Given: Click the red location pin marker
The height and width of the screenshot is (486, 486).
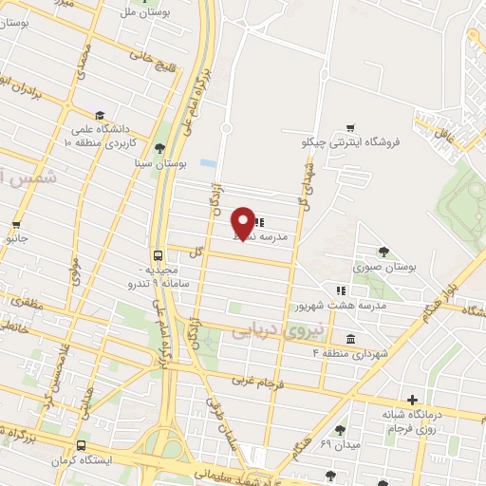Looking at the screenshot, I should click(x=243, y=222).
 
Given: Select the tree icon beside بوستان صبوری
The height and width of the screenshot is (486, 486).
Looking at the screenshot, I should click(x=383, y=252).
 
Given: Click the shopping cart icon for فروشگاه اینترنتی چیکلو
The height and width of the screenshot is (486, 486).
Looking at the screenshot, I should click(x=350, y=127).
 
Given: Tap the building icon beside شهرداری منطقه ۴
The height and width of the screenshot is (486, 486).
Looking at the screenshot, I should click(x=351, y=339).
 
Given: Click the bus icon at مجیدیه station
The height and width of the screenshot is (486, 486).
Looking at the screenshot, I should click(x=159, y=254).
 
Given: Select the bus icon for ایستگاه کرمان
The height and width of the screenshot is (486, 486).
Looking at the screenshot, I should click(x=80, y=444).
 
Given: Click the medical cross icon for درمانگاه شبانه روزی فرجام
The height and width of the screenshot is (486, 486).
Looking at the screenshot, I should click(x=411, y=401).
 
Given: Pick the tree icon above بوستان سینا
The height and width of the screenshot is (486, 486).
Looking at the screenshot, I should click(x=159, y=148).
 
